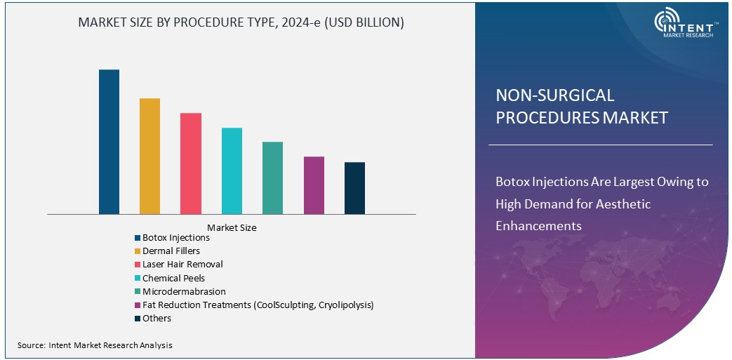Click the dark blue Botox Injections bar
click(109, 142)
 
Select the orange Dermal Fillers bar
click(149, 156)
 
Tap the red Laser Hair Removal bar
click(191, 164)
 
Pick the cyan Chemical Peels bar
click(232, 171)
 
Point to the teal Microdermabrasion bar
click(272, 178)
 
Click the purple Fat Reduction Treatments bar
click(314, 185)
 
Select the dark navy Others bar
click(354, 188)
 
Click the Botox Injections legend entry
click(175, 238)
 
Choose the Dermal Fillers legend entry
click(171, 251)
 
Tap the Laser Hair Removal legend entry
click(182, 265)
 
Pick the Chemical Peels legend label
click(173, 278)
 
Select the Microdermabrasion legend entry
click(184, 291)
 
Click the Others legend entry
click(157, 318)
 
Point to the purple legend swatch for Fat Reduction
click(138, 305)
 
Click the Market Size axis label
click(232, 227)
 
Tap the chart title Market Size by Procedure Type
click(241, 22)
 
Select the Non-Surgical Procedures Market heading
click(581, 106)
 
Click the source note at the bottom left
click(95, 345)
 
